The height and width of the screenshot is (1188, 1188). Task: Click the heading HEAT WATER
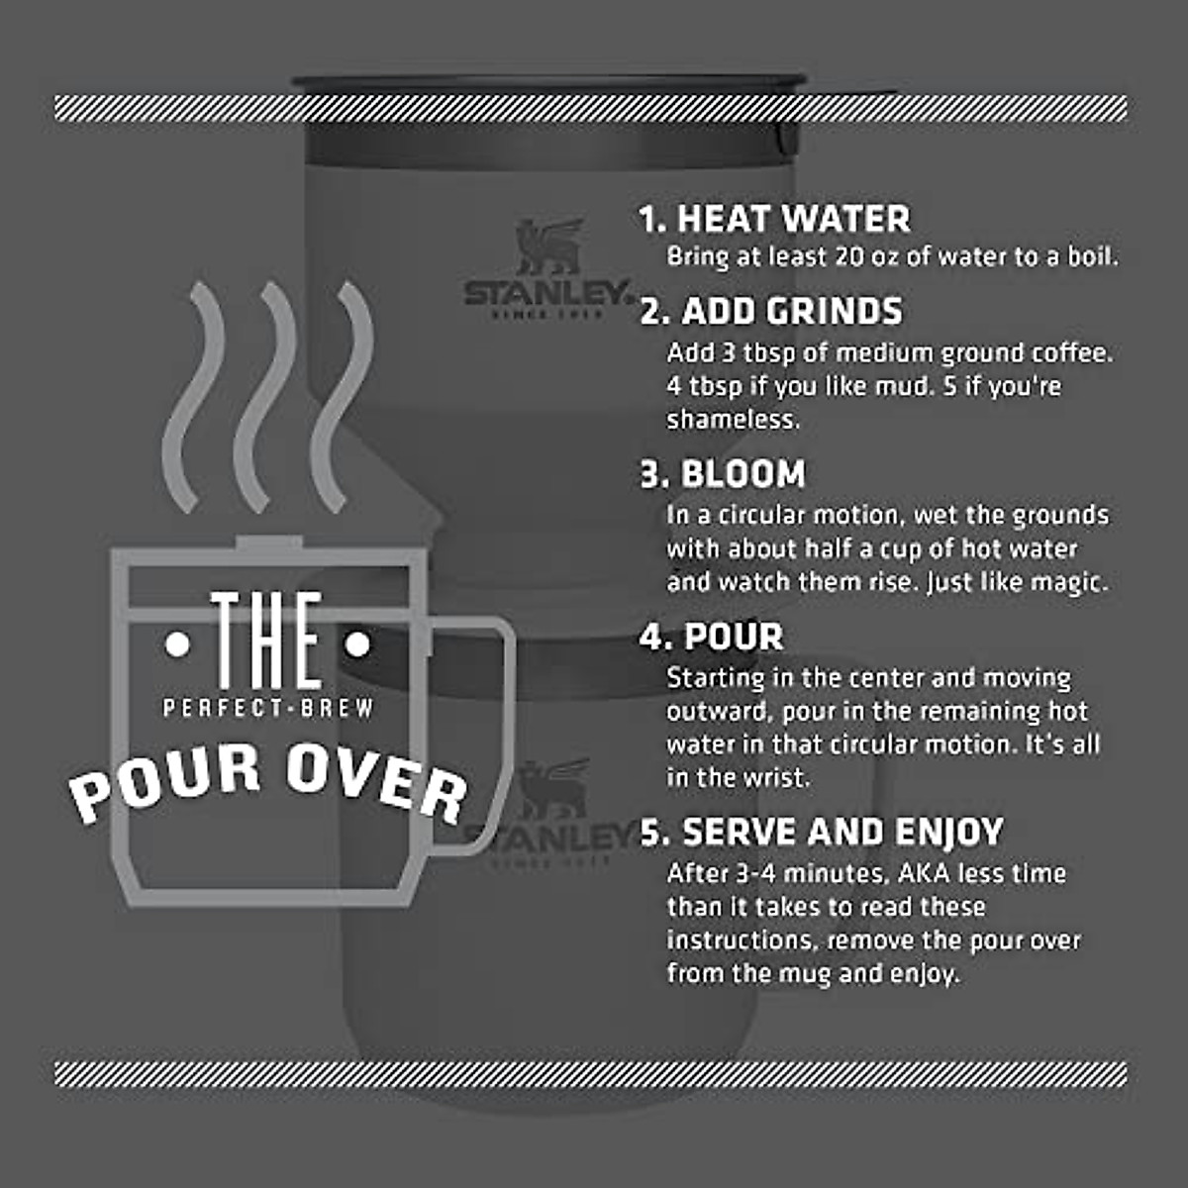click(x=792, y=219)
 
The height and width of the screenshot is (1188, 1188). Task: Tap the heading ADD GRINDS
click(x=790, y=311)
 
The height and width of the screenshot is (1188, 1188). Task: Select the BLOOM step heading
click(x=742, y=474)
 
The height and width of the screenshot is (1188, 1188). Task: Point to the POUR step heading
click(x=733, y=637)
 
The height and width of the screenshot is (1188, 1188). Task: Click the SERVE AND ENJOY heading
click(x=841, y=832)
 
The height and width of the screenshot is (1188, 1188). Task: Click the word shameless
click(x=732, y=420)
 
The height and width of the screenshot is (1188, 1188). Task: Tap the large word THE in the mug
click(x=267, y=641)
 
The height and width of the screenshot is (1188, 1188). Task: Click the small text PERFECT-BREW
click(x=268, y=708)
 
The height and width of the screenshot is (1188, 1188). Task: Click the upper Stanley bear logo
click(x=547, y=247)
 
